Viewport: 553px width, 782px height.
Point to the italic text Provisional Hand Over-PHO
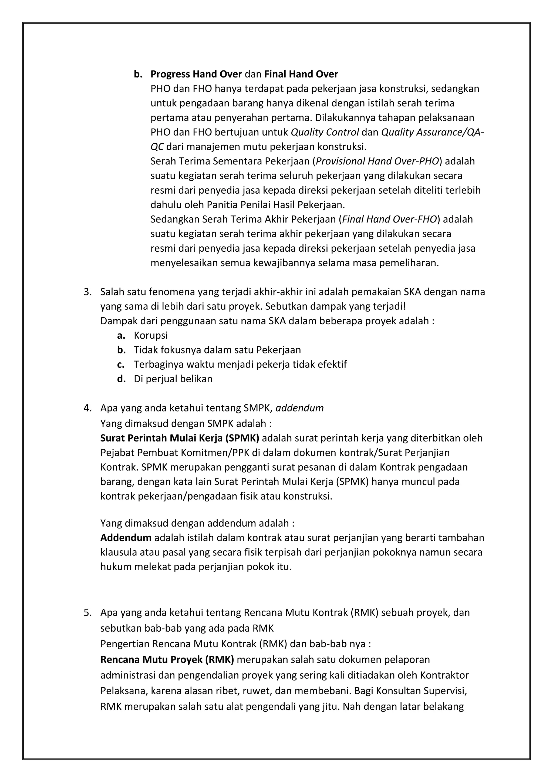pos(377,161)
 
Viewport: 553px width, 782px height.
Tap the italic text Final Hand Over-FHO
pos(389,219)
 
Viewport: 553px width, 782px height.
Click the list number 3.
pos(87,292)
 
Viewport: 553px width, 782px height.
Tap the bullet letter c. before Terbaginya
pos(120,365)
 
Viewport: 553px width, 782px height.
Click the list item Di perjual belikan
pos(173,379)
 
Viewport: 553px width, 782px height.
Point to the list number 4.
pos(87,408)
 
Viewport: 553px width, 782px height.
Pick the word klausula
pos(119,552)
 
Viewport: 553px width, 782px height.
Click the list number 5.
pos(87,613)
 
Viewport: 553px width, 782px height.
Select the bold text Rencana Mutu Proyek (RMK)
pos(167,660)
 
